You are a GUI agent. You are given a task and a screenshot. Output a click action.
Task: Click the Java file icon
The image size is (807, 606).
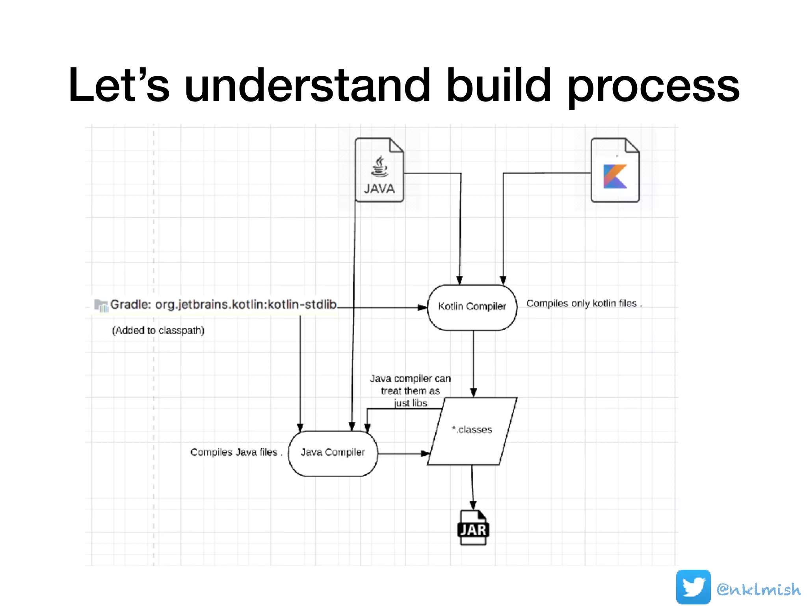[379, 170]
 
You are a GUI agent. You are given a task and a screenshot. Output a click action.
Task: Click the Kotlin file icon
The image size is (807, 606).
[615, 170]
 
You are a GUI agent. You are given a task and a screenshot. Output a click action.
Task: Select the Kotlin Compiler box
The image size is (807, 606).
[472, 307]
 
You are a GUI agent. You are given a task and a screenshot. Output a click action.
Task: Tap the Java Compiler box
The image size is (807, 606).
[333, 453]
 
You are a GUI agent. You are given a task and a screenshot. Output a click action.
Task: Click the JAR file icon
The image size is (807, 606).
[473, 528]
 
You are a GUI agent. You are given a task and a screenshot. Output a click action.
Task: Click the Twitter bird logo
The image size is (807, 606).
[693, 587]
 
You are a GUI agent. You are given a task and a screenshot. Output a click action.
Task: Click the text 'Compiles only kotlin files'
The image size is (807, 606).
[584, 303]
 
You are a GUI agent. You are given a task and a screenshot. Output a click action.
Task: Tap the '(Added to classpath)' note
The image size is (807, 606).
[158, 330]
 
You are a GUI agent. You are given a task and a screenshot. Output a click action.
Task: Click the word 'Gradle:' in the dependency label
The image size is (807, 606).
[130, 305]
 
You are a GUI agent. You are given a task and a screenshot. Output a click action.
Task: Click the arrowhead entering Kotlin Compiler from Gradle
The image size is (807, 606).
[423, 307]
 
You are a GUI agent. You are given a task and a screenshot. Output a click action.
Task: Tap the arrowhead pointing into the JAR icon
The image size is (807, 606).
[473, 505]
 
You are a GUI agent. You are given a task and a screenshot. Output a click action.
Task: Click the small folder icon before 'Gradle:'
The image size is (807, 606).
[101, 305]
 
